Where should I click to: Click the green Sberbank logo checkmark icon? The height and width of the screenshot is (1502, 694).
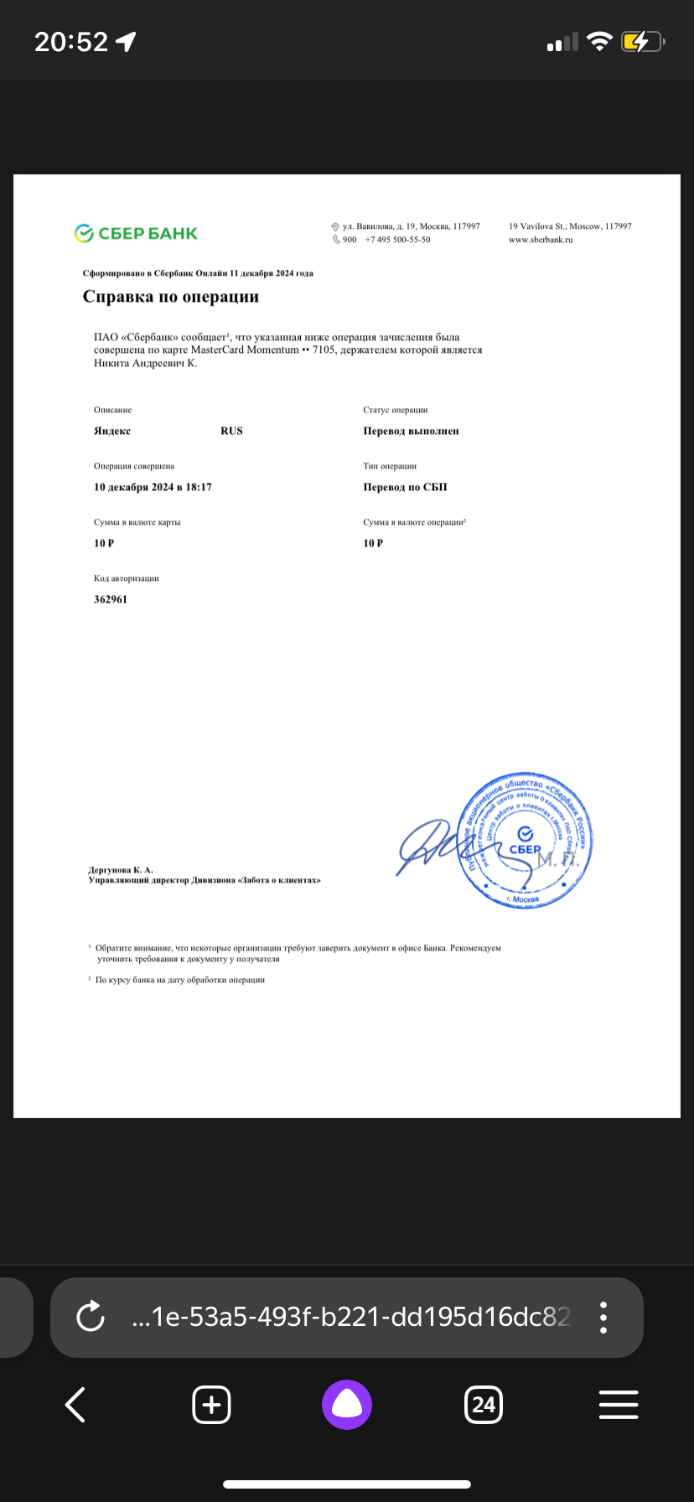[84, 234]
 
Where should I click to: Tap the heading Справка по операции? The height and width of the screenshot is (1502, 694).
[171, 297]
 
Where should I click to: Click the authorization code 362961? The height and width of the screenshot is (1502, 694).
[111, 599]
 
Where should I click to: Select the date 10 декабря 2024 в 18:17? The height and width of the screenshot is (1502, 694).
[153, 487]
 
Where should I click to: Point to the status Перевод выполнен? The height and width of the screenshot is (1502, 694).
[411, 431]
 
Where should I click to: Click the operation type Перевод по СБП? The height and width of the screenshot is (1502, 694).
[405, 487]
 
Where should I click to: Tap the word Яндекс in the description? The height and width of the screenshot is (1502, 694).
[112, 431]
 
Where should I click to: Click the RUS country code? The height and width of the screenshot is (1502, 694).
[231, 431]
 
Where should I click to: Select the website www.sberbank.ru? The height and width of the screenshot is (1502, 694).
[541, 240]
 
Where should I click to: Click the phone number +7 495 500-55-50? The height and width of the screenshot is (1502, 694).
[397, 240]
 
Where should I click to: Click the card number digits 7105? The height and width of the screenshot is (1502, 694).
[324, 350]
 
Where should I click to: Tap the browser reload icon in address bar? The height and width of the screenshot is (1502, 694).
[90, 1317]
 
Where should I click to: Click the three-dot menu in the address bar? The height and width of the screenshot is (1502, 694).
[603, 1317]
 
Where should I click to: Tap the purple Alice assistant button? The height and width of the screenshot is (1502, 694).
[346, 1404]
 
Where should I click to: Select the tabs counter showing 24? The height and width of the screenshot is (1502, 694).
[483, 1404]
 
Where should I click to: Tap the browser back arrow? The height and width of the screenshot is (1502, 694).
[75, 1404]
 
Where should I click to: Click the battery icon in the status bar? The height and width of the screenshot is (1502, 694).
[641, 41]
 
